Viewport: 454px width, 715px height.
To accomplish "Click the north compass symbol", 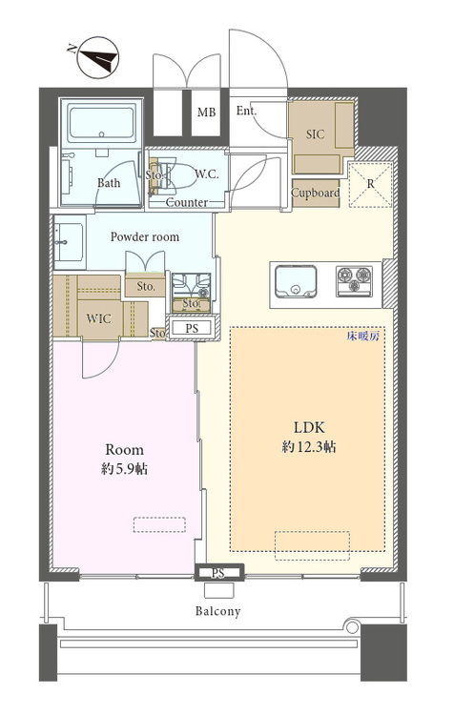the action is pos(96,58).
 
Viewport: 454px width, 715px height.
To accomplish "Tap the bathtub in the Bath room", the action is pos(102,122).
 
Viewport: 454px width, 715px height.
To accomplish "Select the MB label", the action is pos(206,112).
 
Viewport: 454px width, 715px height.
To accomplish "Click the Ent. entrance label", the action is pos(246,111).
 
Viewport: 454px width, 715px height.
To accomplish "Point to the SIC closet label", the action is pos(316,134).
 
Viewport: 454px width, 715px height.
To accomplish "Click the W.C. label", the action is pos(207,174).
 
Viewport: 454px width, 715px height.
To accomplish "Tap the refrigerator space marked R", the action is pos(370,184).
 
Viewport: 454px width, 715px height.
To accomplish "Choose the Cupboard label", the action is pos(316,193).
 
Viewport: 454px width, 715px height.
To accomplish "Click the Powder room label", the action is pos(145,236).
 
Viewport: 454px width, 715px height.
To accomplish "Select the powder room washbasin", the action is pos(69,242).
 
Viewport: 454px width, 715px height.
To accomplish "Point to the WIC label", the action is pos(98,317).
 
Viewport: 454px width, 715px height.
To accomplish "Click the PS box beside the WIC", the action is pos(192,327).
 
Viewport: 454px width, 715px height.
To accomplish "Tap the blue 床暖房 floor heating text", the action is pos(362,337).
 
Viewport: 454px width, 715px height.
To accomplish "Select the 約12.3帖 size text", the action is pos(309,447).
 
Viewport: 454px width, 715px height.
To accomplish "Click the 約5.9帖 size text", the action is pos(124,469).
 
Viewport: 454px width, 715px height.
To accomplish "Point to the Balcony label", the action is pos(217,611).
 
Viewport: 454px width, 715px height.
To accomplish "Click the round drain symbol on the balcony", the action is pos(352,627).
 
